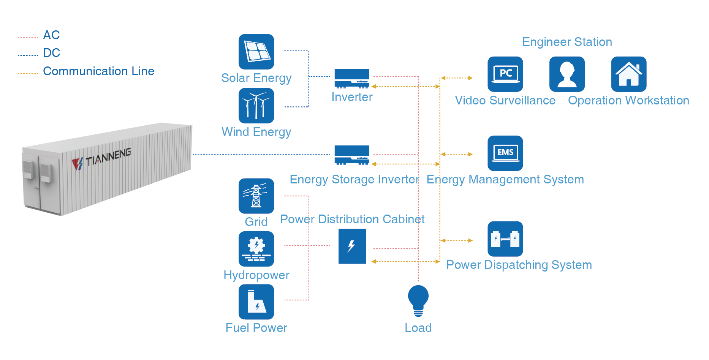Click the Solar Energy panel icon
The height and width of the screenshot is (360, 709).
click(256, 52)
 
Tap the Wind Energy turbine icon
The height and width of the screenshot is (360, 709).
click(256, 106)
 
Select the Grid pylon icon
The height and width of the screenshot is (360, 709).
click(256, 196)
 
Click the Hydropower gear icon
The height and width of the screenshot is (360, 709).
click(256, 249)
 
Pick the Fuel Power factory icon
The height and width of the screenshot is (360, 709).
click(256, 302)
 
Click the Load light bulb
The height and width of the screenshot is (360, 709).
click(418, 300)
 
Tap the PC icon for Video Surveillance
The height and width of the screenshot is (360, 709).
click(505, 74)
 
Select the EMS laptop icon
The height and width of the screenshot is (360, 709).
click(505, 153)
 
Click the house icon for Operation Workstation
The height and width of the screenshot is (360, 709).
click(628, 74)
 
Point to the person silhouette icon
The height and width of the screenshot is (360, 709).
click(567, 74)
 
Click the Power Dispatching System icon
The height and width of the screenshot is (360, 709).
click(505, 239)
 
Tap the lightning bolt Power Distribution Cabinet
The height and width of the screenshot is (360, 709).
click(352, 246)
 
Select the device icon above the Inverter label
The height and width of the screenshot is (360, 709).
click(352, 79)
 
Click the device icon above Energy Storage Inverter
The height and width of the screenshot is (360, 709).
click(352, 155)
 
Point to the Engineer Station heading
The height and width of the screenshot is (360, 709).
click(567, 42)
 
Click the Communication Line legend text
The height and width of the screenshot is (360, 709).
click(98, 71)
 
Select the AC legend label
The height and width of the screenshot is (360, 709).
click(51, 35)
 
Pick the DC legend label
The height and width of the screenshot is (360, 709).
click(52, 53)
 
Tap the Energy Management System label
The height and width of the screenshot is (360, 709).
click(505, 179)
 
